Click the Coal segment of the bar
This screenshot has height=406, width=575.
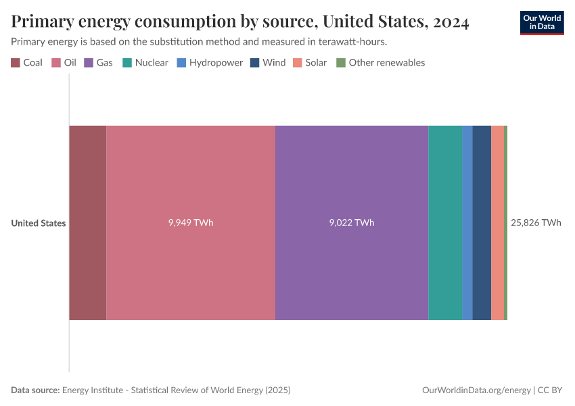click(87, 223)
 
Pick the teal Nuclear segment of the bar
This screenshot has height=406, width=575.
click(445, 223)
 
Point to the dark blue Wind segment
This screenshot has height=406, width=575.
click(482, 223)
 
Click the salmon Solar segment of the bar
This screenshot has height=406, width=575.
click(497, 223)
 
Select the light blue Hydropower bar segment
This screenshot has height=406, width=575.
click(467, 223)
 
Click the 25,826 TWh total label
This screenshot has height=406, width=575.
click(536, 223)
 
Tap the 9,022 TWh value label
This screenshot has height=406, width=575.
click(352, 223)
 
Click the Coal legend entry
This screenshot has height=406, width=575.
click(27, 62)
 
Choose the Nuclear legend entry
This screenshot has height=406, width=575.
click(145, 62)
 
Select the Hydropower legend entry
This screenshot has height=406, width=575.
click(210, 62)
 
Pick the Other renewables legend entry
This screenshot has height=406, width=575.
click(381, 62)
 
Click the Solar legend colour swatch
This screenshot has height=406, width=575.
click(298, 62)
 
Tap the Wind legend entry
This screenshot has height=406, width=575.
click(268, 62)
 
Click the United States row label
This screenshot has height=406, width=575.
click(39, 223)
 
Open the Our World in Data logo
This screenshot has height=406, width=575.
click(541, 22)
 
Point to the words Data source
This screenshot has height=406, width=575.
click(35, 390)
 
